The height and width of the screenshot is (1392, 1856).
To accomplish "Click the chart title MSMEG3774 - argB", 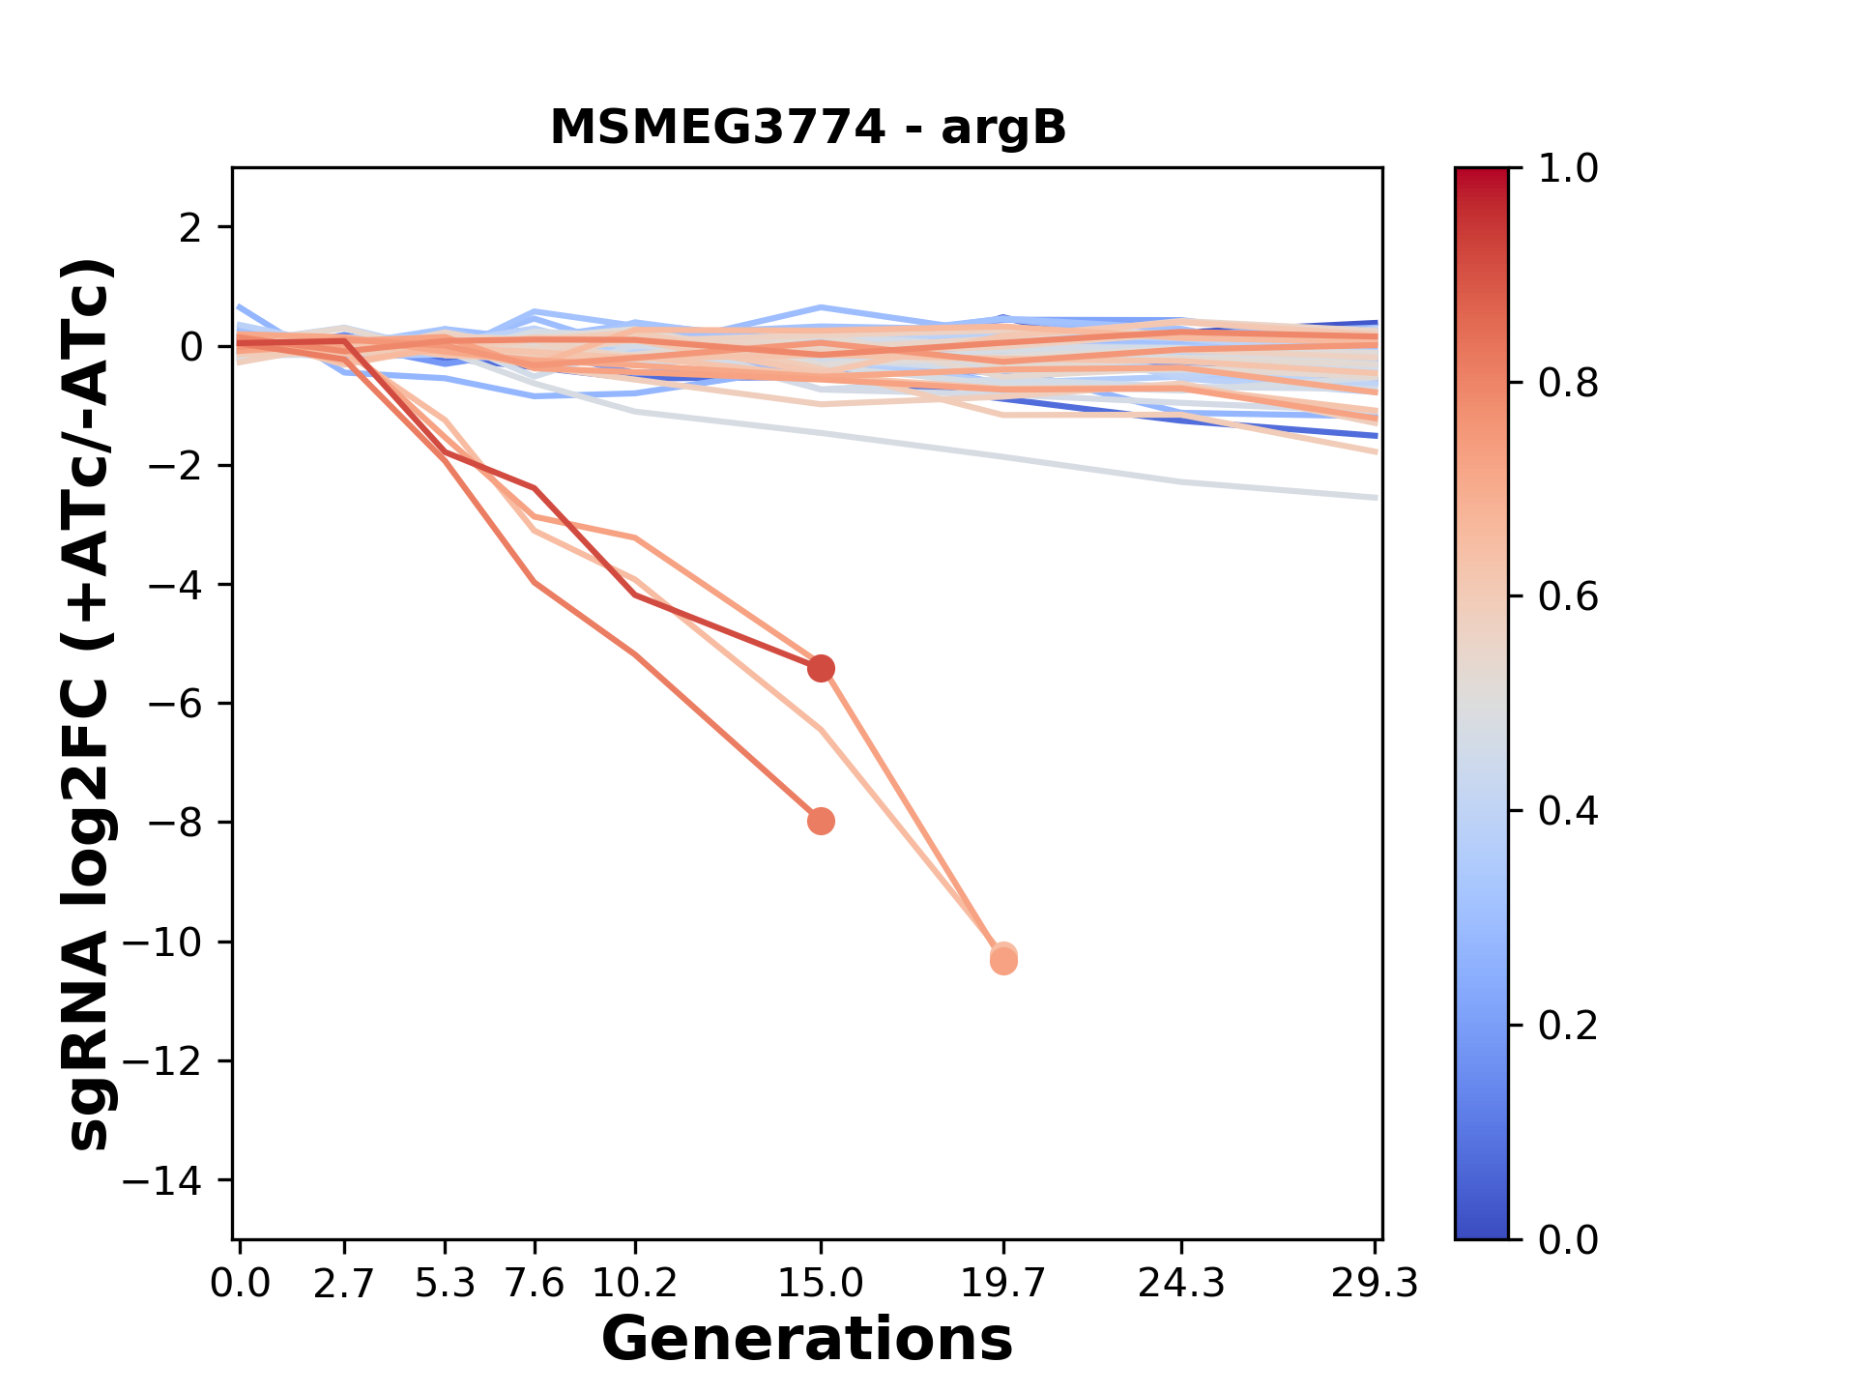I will click(807, 128).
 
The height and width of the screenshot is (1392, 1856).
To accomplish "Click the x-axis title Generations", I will click(807, 1340).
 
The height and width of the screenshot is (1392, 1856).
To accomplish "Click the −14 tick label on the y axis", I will click(175, 1180).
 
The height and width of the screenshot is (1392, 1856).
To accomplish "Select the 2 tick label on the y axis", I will click(190, 227).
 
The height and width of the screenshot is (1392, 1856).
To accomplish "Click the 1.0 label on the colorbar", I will click(1568, 169).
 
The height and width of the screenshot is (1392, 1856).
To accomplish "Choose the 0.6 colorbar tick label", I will click(1568, 597).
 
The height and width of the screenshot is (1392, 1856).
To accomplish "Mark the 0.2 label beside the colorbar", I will click(1568, 1026).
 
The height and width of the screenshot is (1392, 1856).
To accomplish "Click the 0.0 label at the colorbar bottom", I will click(1568, 1240).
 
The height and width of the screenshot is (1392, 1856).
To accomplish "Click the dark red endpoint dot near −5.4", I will click(821, 668).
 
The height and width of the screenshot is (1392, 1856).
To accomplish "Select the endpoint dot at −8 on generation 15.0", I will click(821, 822).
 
